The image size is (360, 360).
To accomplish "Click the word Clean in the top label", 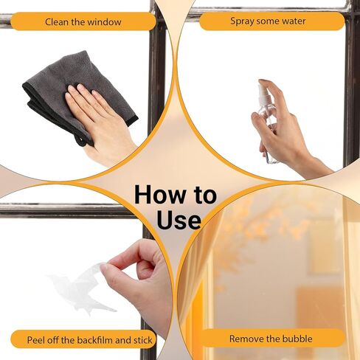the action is (x=57, y=22).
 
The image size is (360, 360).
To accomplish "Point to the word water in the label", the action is (x=294, y=21).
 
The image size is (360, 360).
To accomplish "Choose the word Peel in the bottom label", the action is (x=36, y=340).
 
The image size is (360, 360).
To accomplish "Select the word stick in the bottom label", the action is (x=143, y=340).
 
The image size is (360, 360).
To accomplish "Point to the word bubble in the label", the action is (x=297, y=339).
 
